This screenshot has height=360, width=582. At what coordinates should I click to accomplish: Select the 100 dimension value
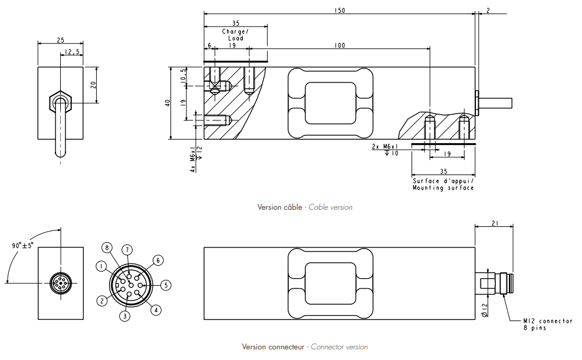(x=339, y=45)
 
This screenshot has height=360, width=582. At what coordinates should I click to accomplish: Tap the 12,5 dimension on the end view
(x=73, y=52)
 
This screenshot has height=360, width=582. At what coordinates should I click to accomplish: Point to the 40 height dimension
(x=168, y=103)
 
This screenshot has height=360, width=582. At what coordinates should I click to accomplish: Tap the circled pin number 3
(x=124, y=316)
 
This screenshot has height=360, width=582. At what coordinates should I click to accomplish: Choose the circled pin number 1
(x=102, y=266)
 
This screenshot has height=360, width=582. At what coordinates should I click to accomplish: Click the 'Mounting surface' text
(x=443, y=188)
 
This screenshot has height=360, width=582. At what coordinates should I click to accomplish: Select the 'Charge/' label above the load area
(x=235, y=31)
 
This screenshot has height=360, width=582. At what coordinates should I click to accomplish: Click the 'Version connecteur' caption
(x=274, y=347)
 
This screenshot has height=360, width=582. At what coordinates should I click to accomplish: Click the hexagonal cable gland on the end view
(x=61, y=103)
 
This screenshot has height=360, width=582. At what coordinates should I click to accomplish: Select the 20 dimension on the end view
(x=93, y=84)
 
